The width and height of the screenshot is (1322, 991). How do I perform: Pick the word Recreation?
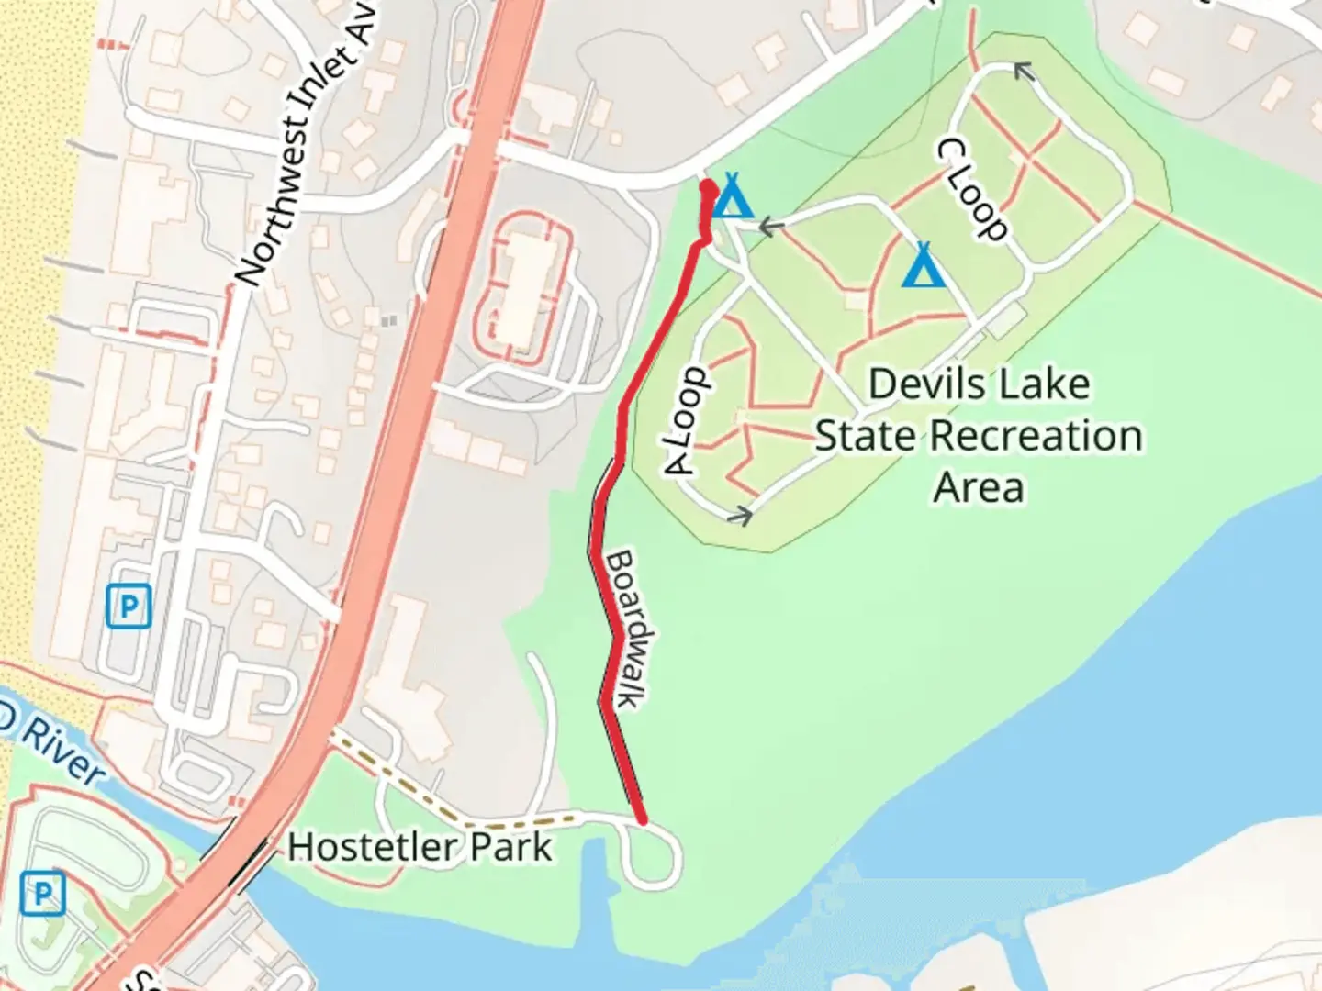(x=1036, y=436)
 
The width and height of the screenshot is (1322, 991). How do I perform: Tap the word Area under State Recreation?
(x=979, y=487)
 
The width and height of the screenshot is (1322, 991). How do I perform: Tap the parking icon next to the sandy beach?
(x=129, y=607)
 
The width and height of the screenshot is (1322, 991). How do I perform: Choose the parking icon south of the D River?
(x=43, y=893)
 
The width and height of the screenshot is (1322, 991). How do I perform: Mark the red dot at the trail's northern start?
(x=708, y=188)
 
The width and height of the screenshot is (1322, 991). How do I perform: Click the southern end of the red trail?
(x=642, y=819)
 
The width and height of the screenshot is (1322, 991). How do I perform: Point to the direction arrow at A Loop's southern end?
(x=740, y=516)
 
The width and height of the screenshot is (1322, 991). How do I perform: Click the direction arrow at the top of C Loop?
(x=1022, y=71)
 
